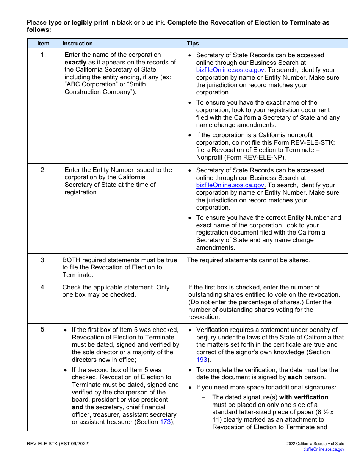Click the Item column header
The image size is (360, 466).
click(43, 44)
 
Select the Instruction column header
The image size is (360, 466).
click(77, 44)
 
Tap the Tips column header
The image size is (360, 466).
click(193, 44)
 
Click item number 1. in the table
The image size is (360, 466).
click(43, 55)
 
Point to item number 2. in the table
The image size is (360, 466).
click(43, 170)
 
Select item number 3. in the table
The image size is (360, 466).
click(43, 260)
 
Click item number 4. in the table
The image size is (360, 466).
click(43, 287)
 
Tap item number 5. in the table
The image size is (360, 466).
click(43, 330)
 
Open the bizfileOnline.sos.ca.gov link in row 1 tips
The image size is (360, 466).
click(230, 70)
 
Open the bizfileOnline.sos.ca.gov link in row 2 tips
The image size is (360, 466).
click(231, 185)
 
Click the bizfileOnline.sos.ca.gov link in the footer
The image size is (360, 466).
click(324, 449)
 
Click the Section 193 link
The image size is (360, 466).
click(202, 360)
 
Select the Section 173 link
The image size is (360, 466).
click(165, 422)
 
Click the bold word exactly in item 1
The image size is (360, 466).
click(75, 63)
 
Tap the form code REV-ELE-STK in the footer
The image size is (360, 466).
click(42, 444)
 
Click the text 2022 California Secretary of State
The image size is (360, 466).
click(315, 444)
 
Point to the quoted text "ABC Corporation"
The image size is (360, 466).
click(90, 84)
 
